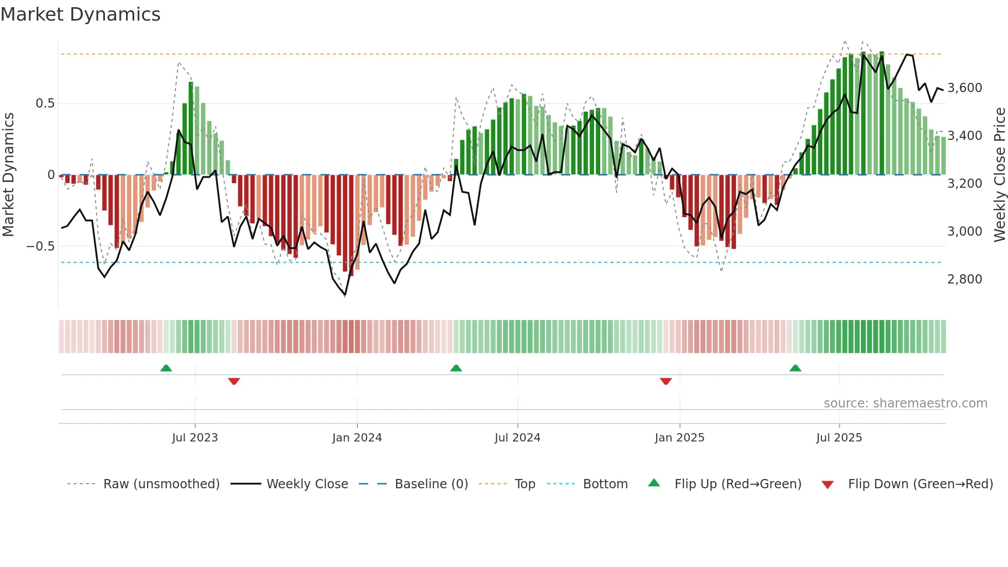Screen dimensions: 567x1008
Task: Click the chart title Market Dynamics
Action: click(x=80, y=14)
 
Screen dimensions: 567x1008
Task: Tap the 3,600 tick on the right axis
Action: click(x=964, y=88)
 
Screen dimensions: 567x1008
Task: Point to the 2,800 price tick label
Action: click(x=964, y=279)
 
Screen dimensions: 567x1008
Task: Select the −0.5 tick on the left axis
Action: click(x=40, y=246)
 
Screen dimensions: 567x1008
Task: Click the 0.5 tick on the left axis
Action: click(x=45, y=103)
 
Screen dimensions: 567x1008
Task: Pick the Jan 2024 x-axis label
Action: click(x=357, y=438)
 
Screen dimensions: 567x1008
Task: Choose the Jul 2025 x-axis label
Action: click(x=839, y=438)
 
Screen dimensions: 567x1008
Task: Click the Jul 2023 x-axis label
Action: click(x=195, y=438)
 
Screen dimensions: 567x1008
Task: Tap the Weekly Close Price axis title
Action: click(x=999, y=174)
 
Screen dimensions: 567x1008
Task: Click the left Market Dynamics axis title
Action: click(x=8, y=174)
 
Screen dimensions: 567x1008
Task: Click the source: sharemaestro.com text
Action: click(x=905, y=403)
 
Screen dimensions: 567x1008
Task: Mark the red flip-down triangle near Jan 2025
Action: click(x=665, y=381)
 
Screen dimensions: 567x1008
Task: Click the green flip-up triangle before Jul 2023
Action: click(x=166, y=368)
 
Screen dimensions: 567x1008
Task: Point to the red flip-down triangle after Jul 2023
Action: click(x=234, y=381)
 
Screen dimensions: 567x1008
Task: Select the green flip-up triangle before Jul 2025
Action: click(x=795, y=368)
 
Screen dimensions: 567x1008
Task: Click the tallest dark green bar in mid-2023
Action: click(x=191, y=129)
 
